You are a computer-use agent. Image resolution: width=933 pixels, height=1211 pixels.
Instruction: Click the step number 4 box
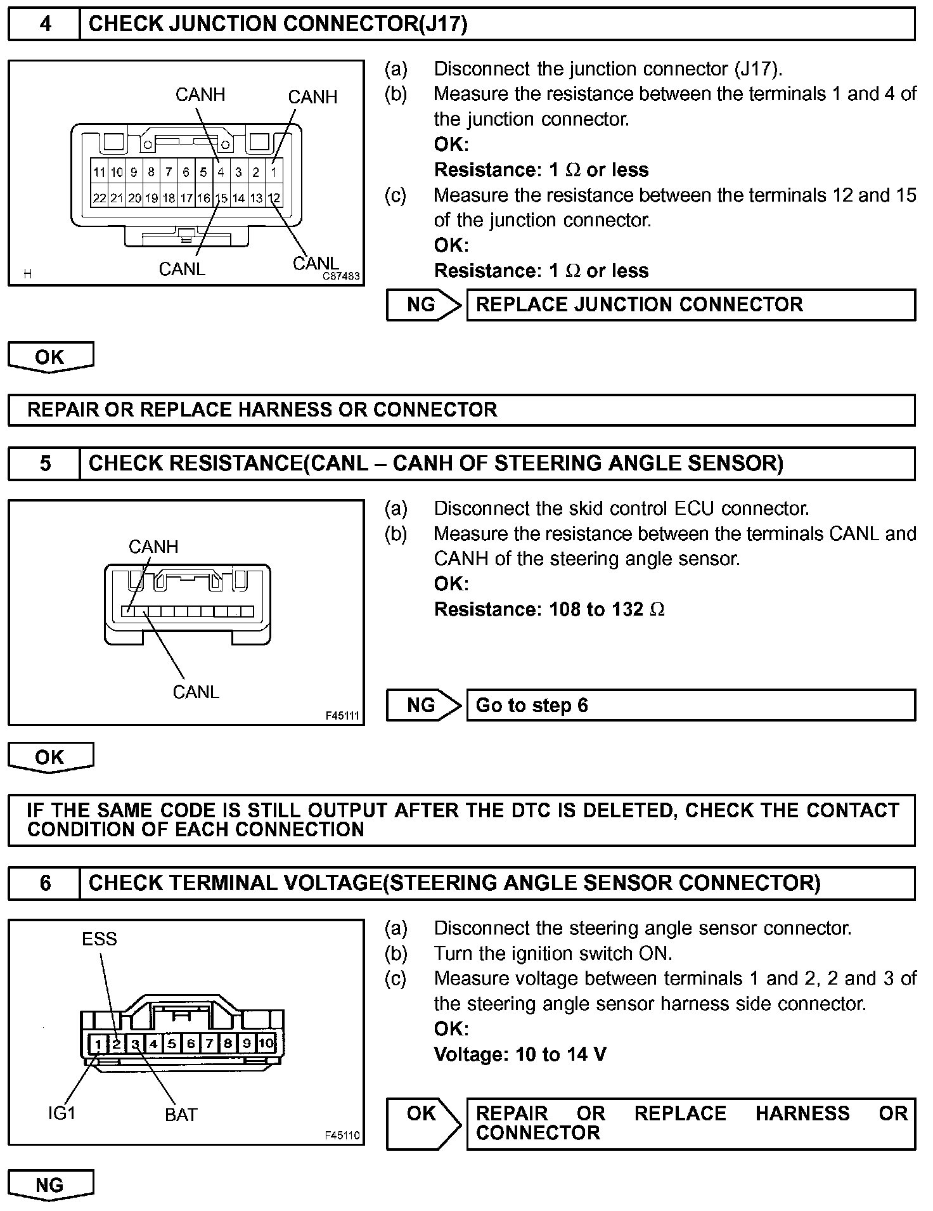pos(45,24)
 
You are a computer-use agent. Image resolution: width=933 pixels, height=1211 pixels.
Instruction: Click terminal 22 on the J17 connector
pos(99,198)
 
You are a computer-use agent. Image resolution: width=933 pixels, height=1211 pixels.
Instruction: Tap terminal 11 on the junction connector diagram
pos(99,172)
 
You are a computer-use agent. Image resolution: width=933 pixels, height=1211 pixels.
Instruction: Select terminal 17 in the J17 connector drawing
pos(186,198)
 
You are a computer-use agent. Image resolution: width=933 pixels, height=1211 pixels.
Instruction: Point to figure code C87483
pos(341,276)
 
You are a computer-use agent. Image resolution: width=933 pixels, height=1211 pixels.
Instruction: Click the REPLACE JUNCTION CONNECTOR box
pos(690,305)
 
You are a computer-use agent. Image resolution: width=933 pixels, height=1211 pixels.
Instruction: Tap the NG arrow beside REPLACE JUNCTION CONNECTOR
pos(423,305)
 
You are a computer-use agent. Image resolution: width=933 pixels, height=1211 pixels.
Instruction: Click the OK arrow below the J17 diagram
pos(50,357)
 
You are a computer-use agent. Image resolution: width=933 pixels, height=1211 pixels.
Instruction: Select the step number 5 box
pos(45,463)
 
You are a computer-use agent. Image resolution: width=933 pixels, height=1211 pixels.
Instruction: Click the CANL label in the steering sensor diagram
pos(196,692)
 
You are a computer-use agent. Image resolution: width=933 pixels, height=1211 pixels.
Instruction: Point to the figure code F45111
pos(342,716)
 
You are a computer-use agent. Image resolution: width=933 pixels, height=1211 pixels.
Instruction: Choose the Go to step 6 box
pos(690,706)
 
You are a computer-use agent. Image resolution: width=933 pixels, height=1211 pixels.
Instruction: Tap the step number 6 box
pos(45,883)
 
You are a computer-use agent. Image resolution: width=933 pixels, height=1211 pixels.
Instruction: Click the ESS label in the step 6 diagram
pos(100,939)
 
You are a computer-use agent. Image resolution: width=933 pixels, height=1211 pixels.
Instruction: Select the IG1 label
pos(61,1113)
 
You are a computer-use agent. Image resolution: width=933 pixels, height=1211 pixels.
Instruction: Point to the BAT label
pos(181,1115)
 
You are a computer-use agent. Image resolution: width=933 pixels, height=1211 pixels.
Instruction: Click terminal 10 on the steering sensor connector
pos(266,1043)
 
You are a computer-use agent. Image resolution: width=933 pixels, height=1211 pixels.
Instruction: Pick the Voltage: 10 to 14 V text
pos(520,1054)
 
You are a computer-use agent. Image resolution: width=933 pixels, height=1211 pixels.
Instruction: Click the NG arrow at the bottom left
pos(50,1185)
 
